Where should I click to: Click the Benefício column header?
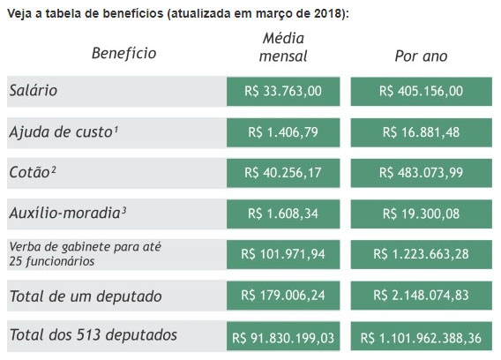[x=124, y=53]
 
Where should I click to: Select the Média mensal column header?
[x=283, y=48]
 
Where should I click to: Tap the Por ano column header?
[x=421, y=56]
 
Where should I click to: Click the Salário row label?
[x=34, y=91]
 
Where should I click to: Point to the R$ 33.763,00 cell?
[x=283, y=91]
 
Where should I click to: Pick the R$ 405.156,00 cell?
[x=421, y=91]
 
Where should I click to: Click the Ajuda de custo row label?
[x=64, y=131]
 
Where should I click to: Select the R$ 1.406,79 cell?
[x=283, y=132]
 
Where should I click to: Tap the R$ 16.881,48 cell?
[x=421, y=132]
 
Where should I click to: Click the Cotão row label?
[x=33, y=172]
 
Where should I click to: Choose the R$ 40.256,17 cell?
[x=283, y=173]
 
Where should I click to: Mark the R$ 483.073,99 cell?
[x=421, y=173]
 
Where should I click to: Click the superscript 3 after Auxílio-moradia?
[x=124, y=210]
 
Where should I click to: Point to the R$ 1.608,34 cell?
[x=283, y=214]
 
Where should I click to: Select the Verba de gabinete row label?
[x=85, y=254]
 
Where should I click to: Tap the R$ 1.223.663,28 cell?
[x=421, y=254]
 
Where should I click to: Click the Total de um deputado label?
[x=86, y=296]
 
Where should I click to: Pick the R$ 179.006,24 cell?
[x=283, y=296]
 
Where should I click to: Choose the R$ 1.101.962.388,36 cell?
[x=421, y=336]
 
